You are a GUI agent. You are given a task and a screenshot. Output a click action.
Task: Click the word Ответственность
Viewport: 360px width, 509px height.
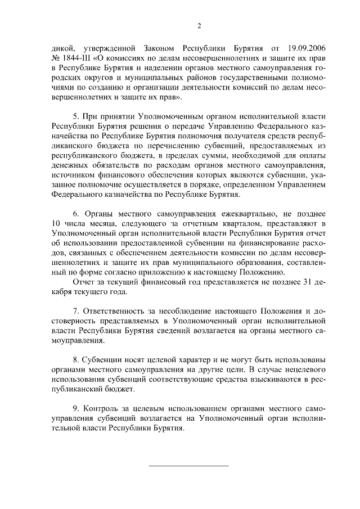[x=116, y=310]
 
